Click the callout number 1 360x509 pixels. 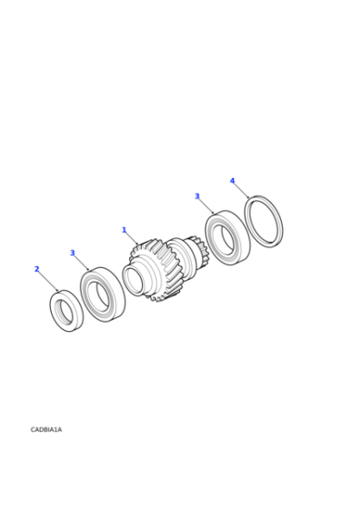[x=124, y=230]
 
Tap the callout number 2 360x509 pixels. [x=36, y=269]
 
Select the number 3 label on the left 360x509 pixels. [x=73, y=253]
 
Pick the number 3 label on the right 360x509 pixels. [x=196, y=196]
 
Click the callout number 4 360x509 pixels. [x=232, y=181]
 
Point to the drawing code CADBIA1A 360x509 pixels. [x=46, y=429]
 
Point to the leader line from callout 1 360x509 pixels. [x=133, y=239]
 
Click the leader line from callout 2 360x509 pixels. [x=48, y=281]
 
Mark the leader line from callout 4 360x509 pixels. [x=241, y=190]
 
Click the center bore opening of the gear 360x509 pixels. [x=135, y=281]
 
